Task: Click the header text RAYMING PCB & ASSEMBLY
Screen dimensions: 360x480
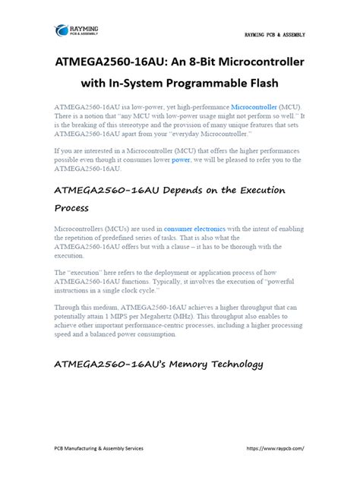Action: click(275, 35)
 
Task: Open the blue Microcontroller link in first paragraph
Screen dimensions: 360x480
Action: click(256, 109)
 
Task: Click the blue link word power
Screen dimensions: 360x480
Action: click(181, 160)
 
